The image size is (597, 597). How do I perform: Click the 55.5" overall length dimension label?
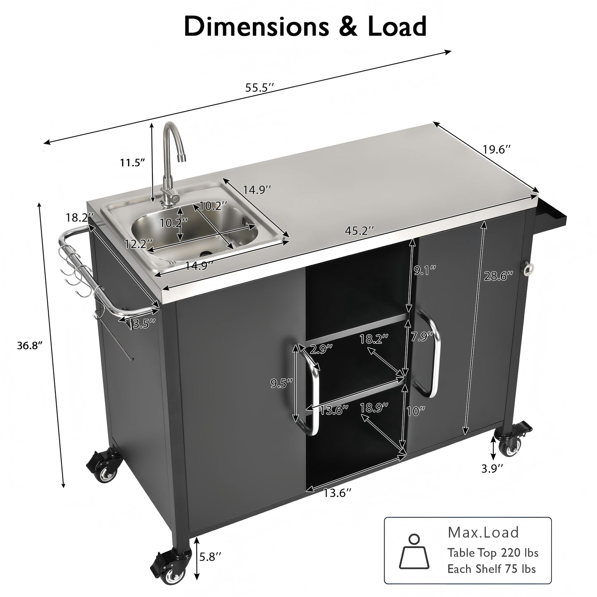(260, 88)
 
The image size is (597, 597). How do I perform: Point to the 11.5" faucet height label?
(133, 162)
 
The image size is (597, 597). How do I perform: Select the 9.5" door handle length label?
(281, 384)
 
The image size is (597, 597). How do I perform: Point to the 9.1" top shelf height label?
(424, 271)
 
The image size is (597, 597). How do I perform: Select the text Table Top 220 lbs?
(493, 552)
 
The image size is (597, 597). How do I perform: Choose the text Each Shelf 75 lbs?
(491, 569)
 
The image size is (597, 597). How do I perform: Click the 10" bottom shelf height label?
(415, 411)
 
